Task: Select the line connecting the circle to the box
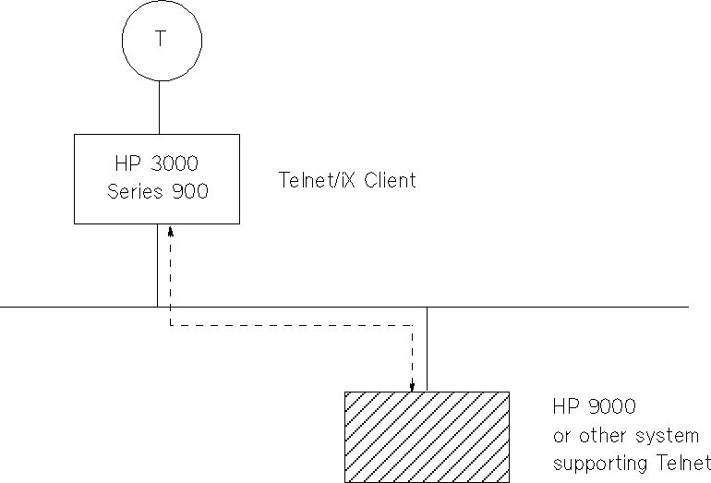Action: [x=161, y=107]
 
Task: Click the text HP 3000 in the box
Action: [x=156, y=165]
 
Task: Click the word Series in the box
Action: [x=135, y=192]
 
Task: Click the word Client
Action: [x=390, y=180]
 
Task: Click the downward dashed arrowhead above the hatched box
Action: [x=413, y=385]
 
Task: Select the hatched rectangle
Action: [x=426, y=437]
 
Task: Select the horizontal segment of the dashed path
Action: [x=292, y=325]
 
